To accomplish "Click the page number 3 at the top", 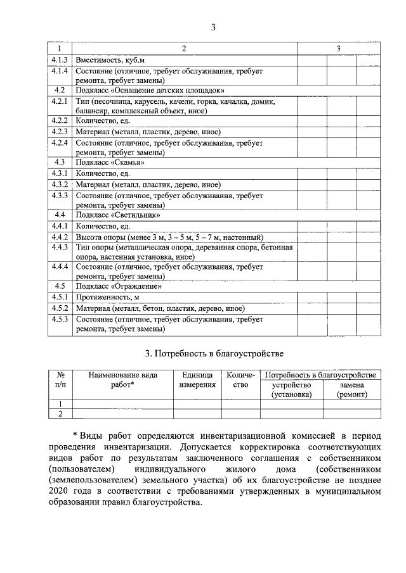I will pos(213,27).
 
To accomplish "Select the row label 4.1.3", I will pos(60,60).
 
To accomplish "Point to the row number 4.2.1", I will pos(60,101).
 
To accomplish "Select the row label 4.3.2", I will pos(60,184).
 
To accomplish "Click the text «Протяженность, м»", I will pos(107,297).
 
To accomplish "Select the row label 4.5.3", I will pos(60,319).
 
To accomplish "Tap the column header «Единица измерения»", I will pos(197,380).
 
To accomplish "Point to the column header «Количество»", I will pos(240,380).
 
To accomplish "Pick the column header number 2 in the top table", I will pos(184,49).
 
